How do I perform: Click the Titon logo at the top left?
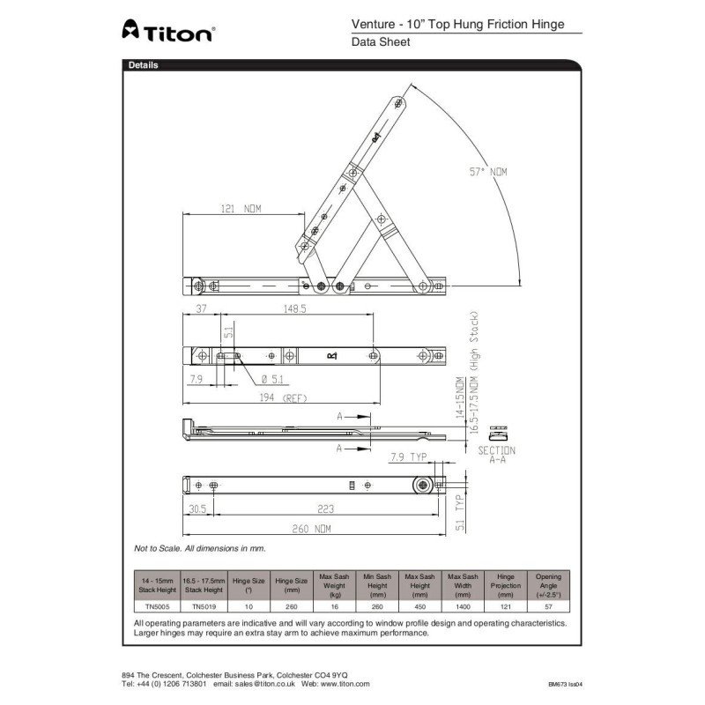click(167, 33)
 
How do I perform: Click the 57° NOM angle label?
click(486, 172)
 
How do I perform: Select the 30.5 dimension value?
click(197, 508)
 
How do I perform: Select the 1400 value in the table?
click(464, 606)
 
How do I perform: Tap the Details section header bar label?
click(144, 65)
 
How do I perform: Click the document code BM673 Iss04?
click(565, 684)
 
